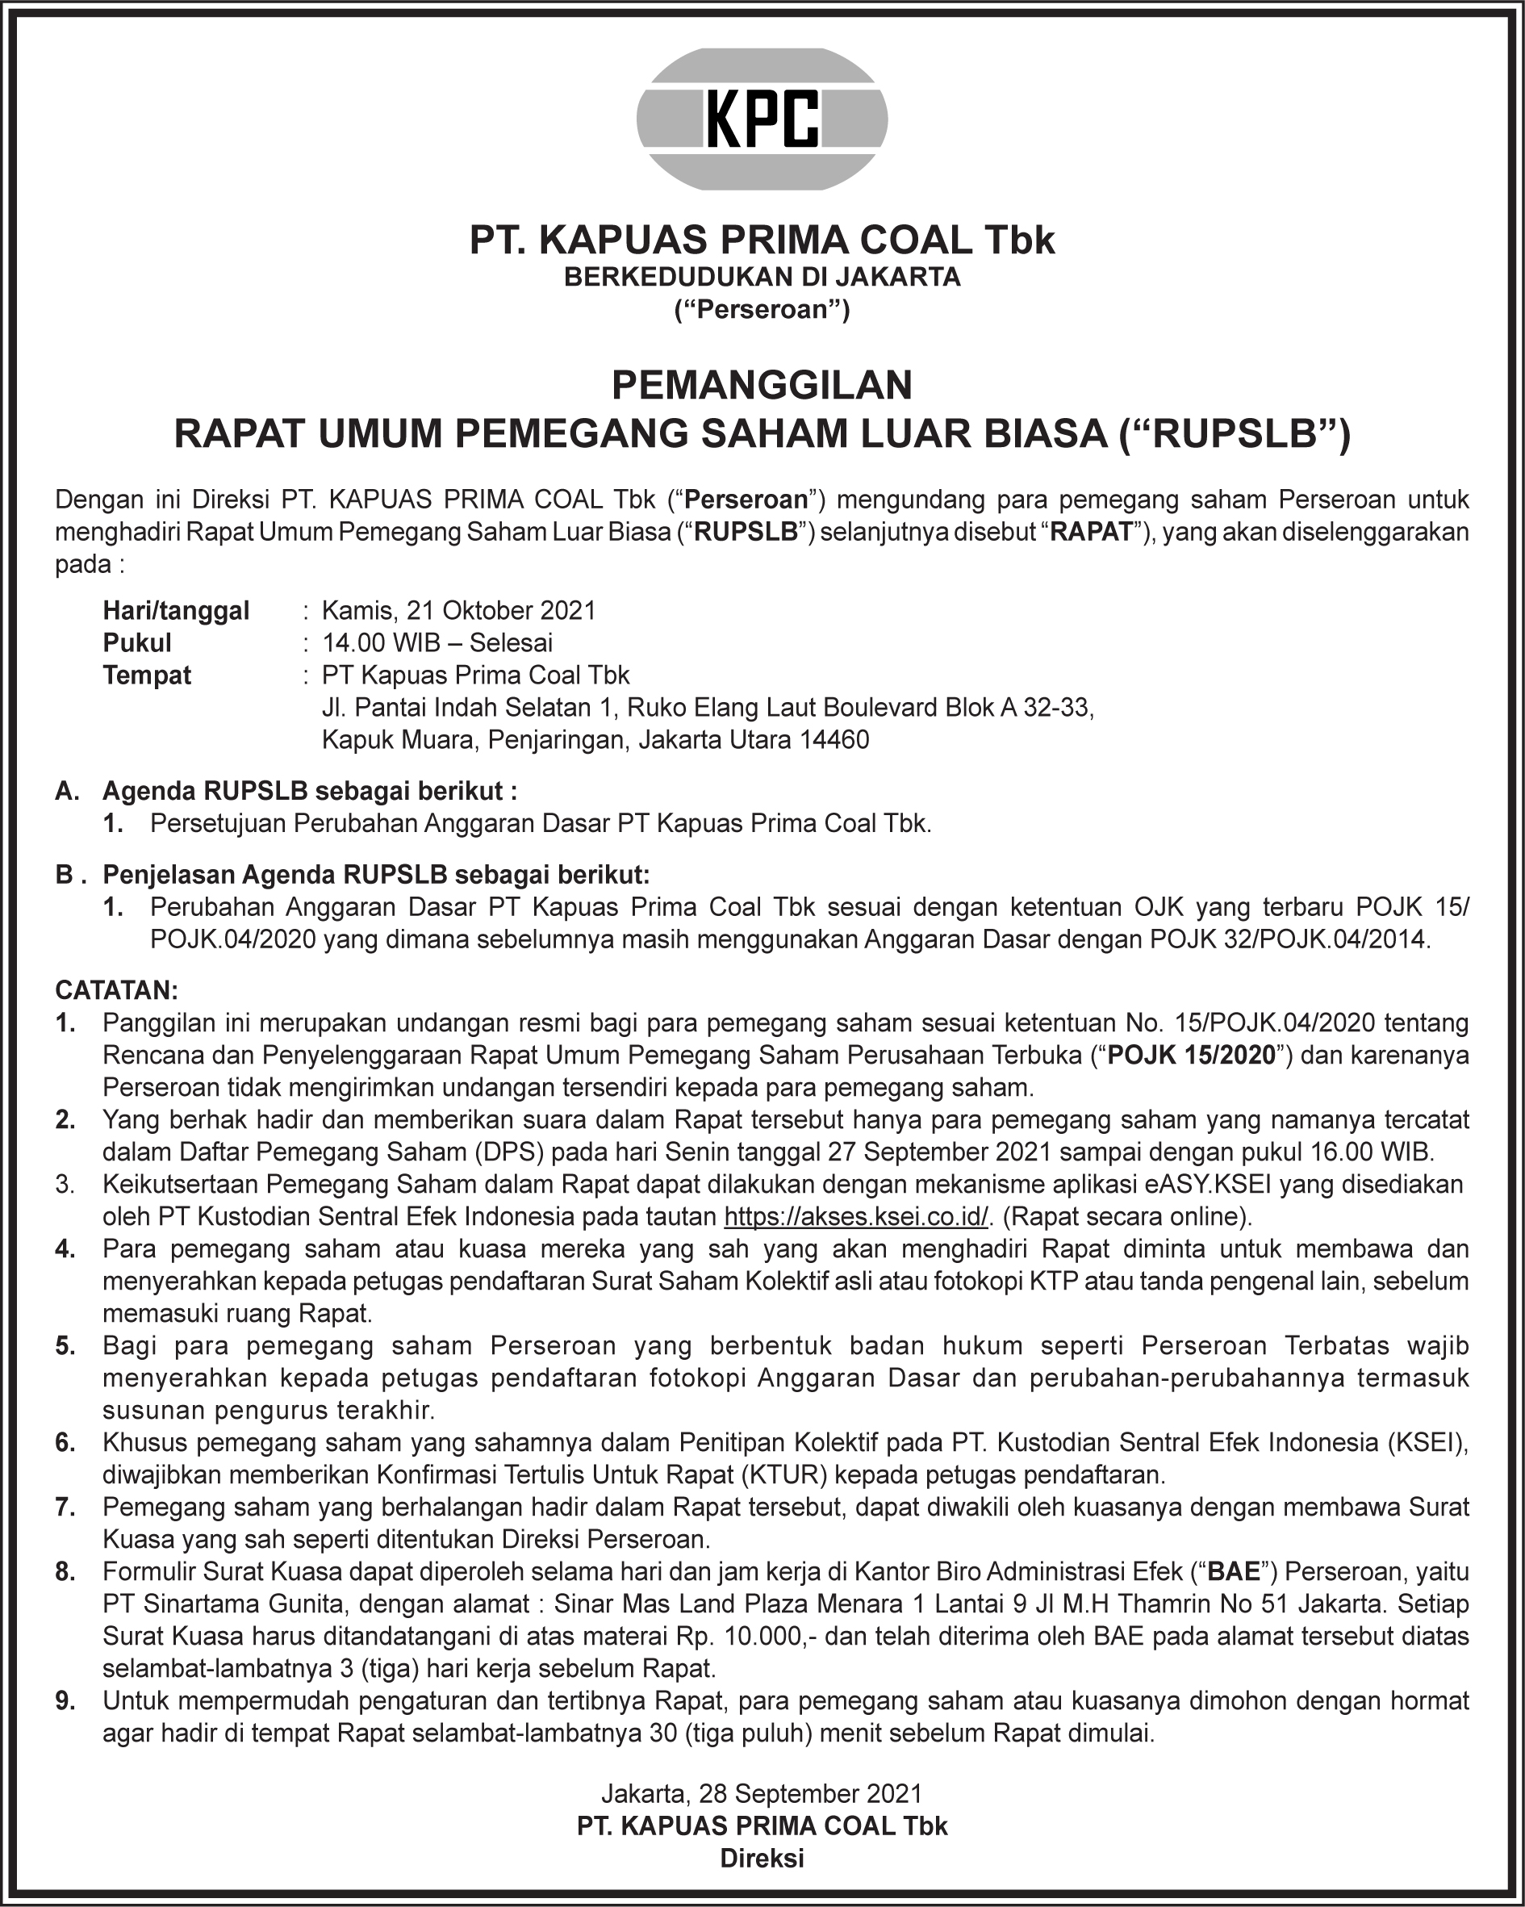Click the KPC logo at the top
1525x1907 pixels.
[x=762, y=119]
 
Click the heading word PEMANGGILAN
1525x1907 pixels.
[x=762, y=386]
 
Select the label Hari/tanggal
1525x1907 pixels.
[x=176, y=610]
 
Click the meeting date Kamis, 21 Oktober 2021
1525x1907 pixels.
[x=458, y=610]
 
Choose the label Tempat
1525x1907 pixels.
[x=147, y=675]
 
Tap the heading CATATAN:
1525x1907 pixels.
[x=116, y=989]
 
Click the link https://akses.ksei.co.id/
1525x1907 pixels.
[x=856, y=1216]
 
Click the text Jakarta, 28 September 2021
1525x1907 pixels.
[x=762, y=1793]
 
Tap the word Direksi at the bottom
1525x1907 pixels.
[x=762, y=1859]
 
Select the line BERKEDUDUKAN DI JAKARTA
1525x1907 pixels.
[x=762, y=277]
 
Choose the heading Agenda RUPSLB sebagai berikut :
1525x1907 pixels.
[x=310, y=790]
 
